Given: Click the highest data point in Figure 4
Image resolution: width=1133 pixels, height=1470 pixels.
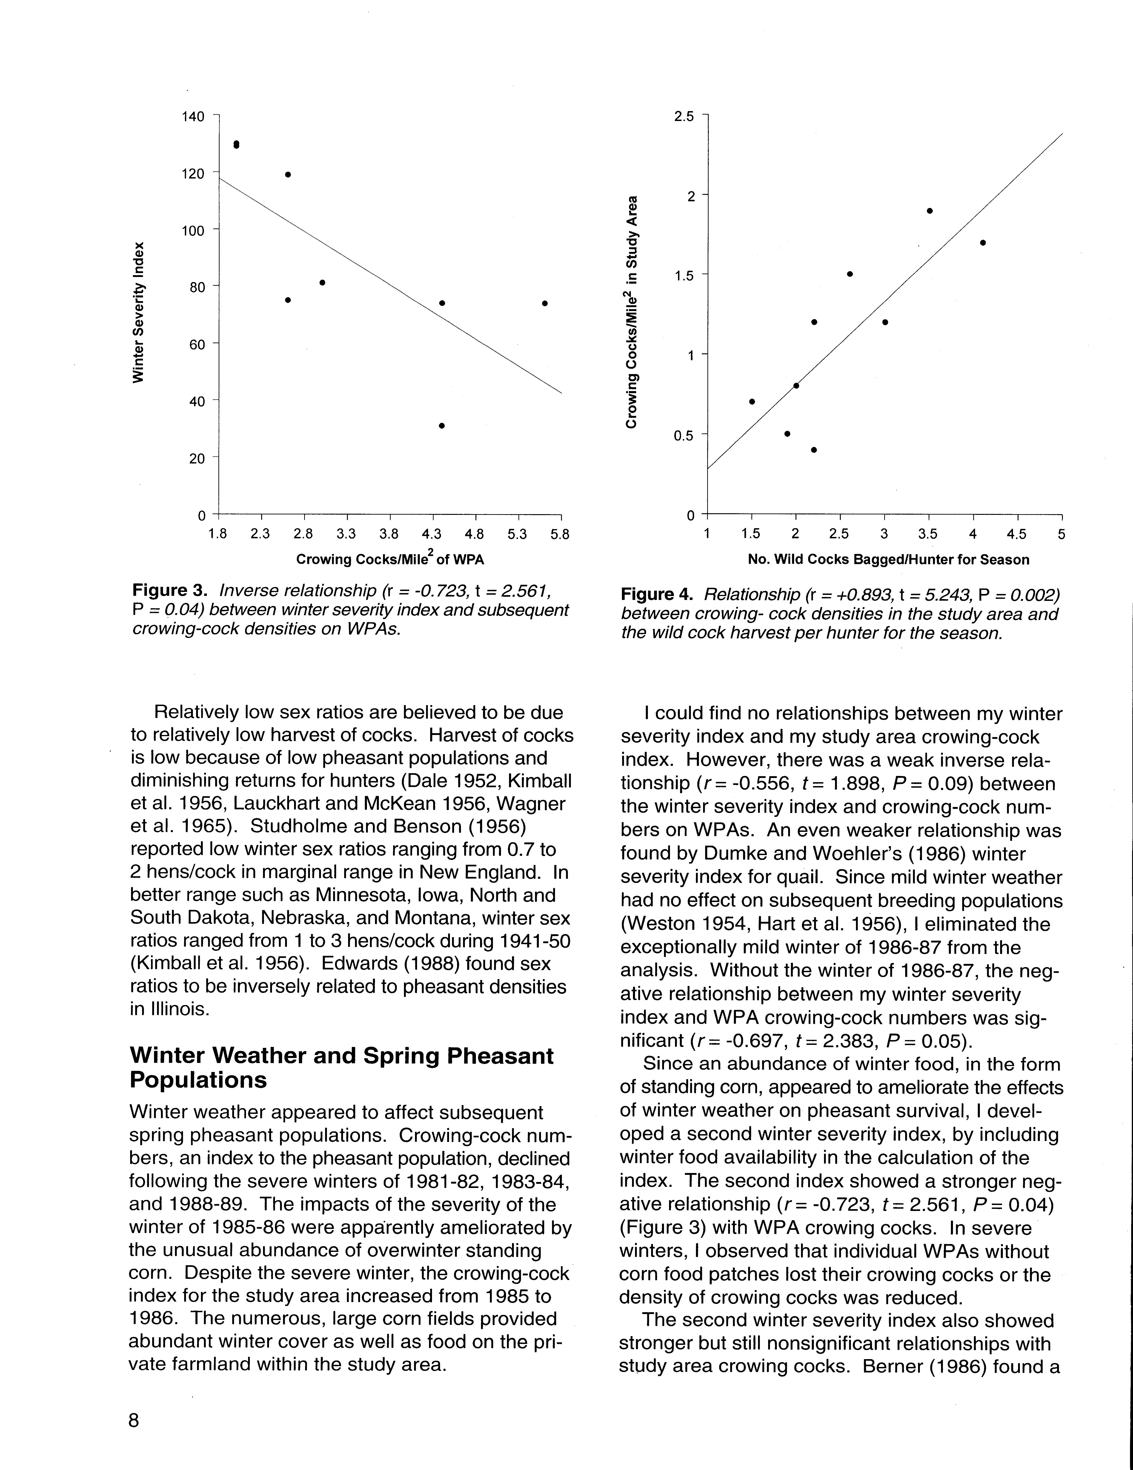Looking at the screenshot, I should pyautogui.click(x=930, y=211).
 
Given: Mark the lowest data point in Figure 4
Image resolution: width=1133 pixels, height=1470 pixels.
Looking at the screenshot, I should pyautogui.click(x=814, y=450).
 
